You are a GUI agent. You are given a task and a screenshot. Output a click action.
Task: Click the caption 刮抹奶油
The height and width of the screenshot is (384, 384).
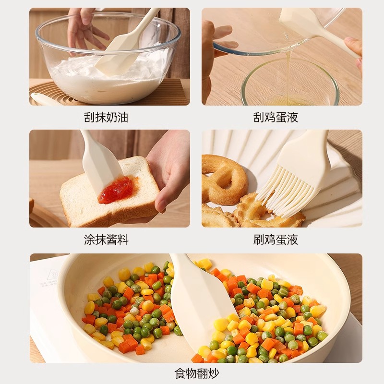[106, 117]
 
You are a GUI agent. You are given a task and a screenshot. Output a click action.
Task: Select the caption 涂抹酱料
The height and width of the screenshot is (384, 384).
[106, 240]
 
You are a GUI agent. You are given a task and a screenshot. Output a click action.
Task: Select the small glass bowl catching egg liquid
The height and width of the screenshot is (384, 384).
[289, 86]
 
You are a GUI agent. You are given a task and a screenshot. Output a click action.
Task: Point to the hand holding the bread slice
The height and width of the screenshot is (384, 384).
[170, 168]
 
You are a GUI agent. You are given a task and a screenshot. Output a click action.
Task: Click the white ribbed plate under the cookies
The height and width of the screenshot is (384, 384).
[336, 202]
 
